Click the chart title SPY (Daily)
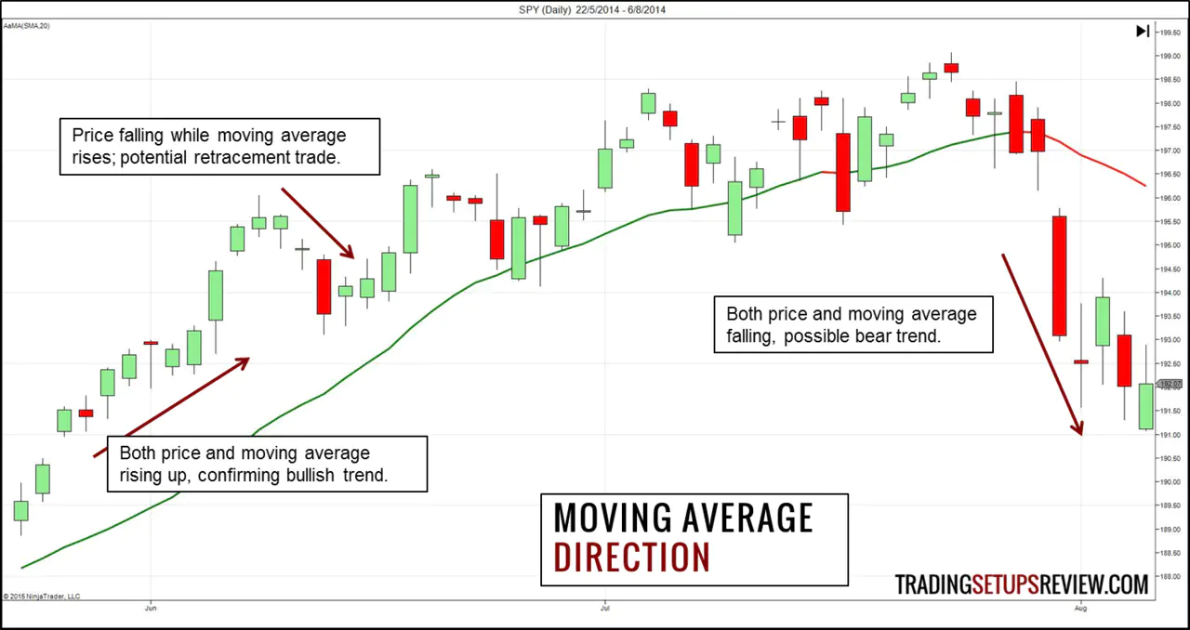click(555, 10)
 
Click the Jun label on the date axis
click(151, 610)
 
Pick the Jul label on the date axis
click(605, 610)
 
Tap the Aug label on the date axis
click(1080, 610)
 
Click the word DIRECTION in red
click(631, 557)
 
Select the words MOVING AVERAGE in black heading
click(682, 518)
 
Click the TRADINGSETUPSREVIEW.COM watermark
click(1021, 584)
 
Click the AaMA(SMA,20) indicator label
click(26, 25)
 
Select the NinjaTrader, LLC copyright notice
click(42, 596)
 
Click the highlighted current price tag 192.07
click(1169, 384)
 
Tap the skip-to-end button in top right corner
click(1143, 32)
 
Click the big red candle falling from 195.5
click(1059, 276)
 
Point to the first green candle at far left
click(20, 510)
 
